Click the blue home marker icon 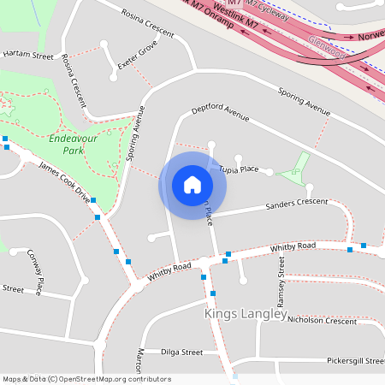click(x=192, y=184)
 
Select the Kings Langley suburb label click(x=246, y=314)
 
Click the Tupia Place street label click(x=238, y=169)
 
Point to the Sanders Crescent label click(x=297, y=204)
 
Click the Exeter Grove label click(x=138, y=55)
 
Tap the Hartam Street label click(x=27, y=56)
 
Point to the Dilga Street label click(x=181, y=352)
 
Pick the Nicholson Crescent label click(x=322, y=321)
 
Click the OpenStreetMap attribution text click(x=86, y=379)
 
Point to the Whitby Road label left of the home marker click(x=169, y=271)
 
